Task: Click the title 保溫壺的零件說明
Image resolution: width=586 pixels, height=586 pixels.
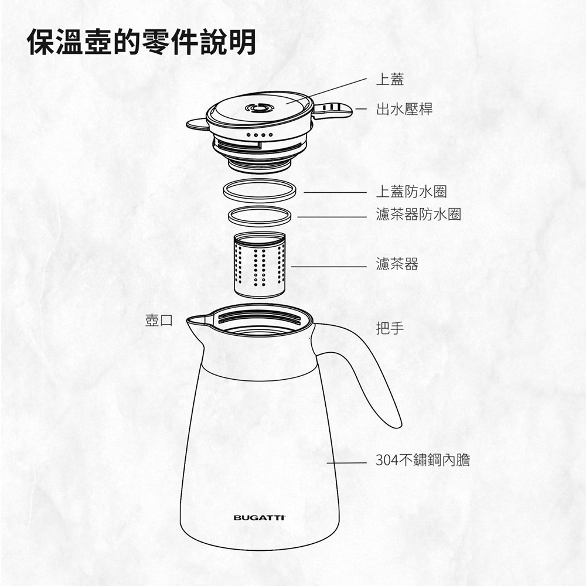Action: coord(142,42)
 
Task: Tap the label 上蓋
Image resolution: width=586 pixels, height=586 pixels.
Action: coord(390,79)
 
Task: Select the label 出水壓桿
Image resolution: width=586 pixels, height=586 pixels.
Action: coord(404,109)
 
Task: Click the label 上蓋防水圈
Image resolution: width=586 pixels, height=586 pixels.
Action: coord(411,192)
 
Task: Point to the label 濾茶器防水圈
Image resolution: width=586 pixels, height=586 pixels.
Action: coord(418,214)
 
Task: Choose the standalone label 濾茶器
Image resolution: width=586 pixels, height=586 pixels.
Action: coord(397,264)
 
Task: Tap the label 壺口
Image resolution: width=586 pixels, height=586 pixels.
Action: coord(159,321)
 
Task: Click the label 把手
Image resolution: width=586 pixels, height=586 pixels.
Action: coord(390,328)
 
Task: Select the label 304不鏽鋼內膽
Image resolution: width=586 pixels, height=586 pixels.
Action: coord(423,460)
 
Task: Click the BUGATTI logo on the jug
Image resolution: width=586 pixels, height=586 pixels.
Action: coord(260,517)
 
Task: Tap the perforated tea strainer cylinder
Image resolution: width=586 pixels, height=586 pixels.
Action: coord(260,265)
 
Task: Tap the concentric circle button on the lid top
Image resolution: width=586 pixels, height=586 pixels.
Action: coord(260,108)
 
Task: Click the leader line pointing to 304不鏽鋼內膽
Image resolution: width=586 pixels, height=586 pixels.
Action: coord(346,463)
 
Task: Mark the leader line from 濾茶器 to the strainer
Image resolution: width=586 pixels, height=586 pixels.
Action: coord(329,267)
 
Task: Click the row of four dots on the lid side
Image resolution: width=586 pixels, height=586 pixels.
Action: coord(260,135)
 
